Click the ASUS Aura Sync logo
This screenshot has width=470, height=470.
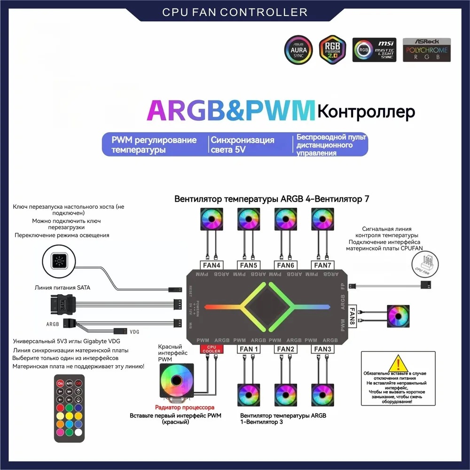click(297, 49)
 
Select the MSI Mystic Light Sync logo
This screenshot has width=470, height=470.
click(374, 50)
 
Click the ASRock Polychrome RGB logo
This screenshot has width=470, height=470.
click(426, 50)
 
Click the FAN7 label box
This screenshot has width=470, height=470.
click(323, 265)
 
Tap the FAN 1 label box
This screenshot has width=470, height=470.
click(249, 349)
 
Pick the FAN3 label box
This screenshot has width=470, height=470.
click(322, 349)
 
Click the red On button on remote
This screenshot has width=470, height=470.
click(60, 384)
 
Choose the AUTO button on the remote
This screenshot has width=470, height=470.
click(69, 384)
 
